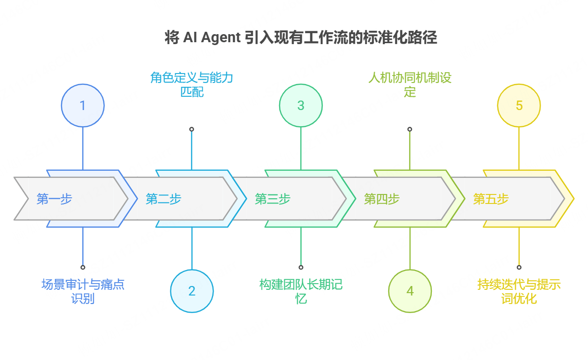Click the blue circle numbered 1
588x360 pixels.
(x=83, y=105)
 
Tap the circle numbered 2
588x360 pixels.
(x=192, y=291)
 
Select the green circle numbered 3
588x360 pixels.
(x=301, y=105)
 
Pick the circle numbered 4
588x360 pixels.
(x=410, y=291)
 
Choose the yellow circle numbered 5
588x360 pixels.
(x=519, y=105)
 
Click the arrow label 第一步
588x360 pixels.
(x=54, y=199)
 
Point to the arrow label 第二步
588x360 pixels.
(x=163, y=199)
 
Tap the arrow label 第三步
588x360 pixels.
(x=272, y=199)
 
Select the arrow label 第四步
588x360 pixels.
(x=382, y=199)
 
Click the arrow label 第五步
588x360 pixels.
(x=491, y=199)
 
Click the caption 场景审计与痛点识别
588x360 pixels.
(x=83, y=291)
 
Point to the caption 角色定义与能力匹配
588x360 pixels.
(x=192, y=84)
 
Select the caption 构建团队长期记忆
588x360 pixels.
(x=301, y=291)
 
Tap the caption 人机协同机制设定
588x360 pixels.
(x=410, y=84)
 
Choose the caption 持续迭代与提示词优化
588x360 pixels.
(x=519, y=291)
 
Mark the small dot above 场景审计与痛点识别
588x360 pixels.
(x=83, y=267)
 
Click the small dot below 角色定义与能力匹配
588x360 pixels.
(x=192, y=129)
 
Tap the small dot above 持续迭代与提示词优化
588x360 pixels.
(x=519, y=267)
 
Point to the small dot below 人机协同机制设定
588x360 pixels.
(x=410, y=129)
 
